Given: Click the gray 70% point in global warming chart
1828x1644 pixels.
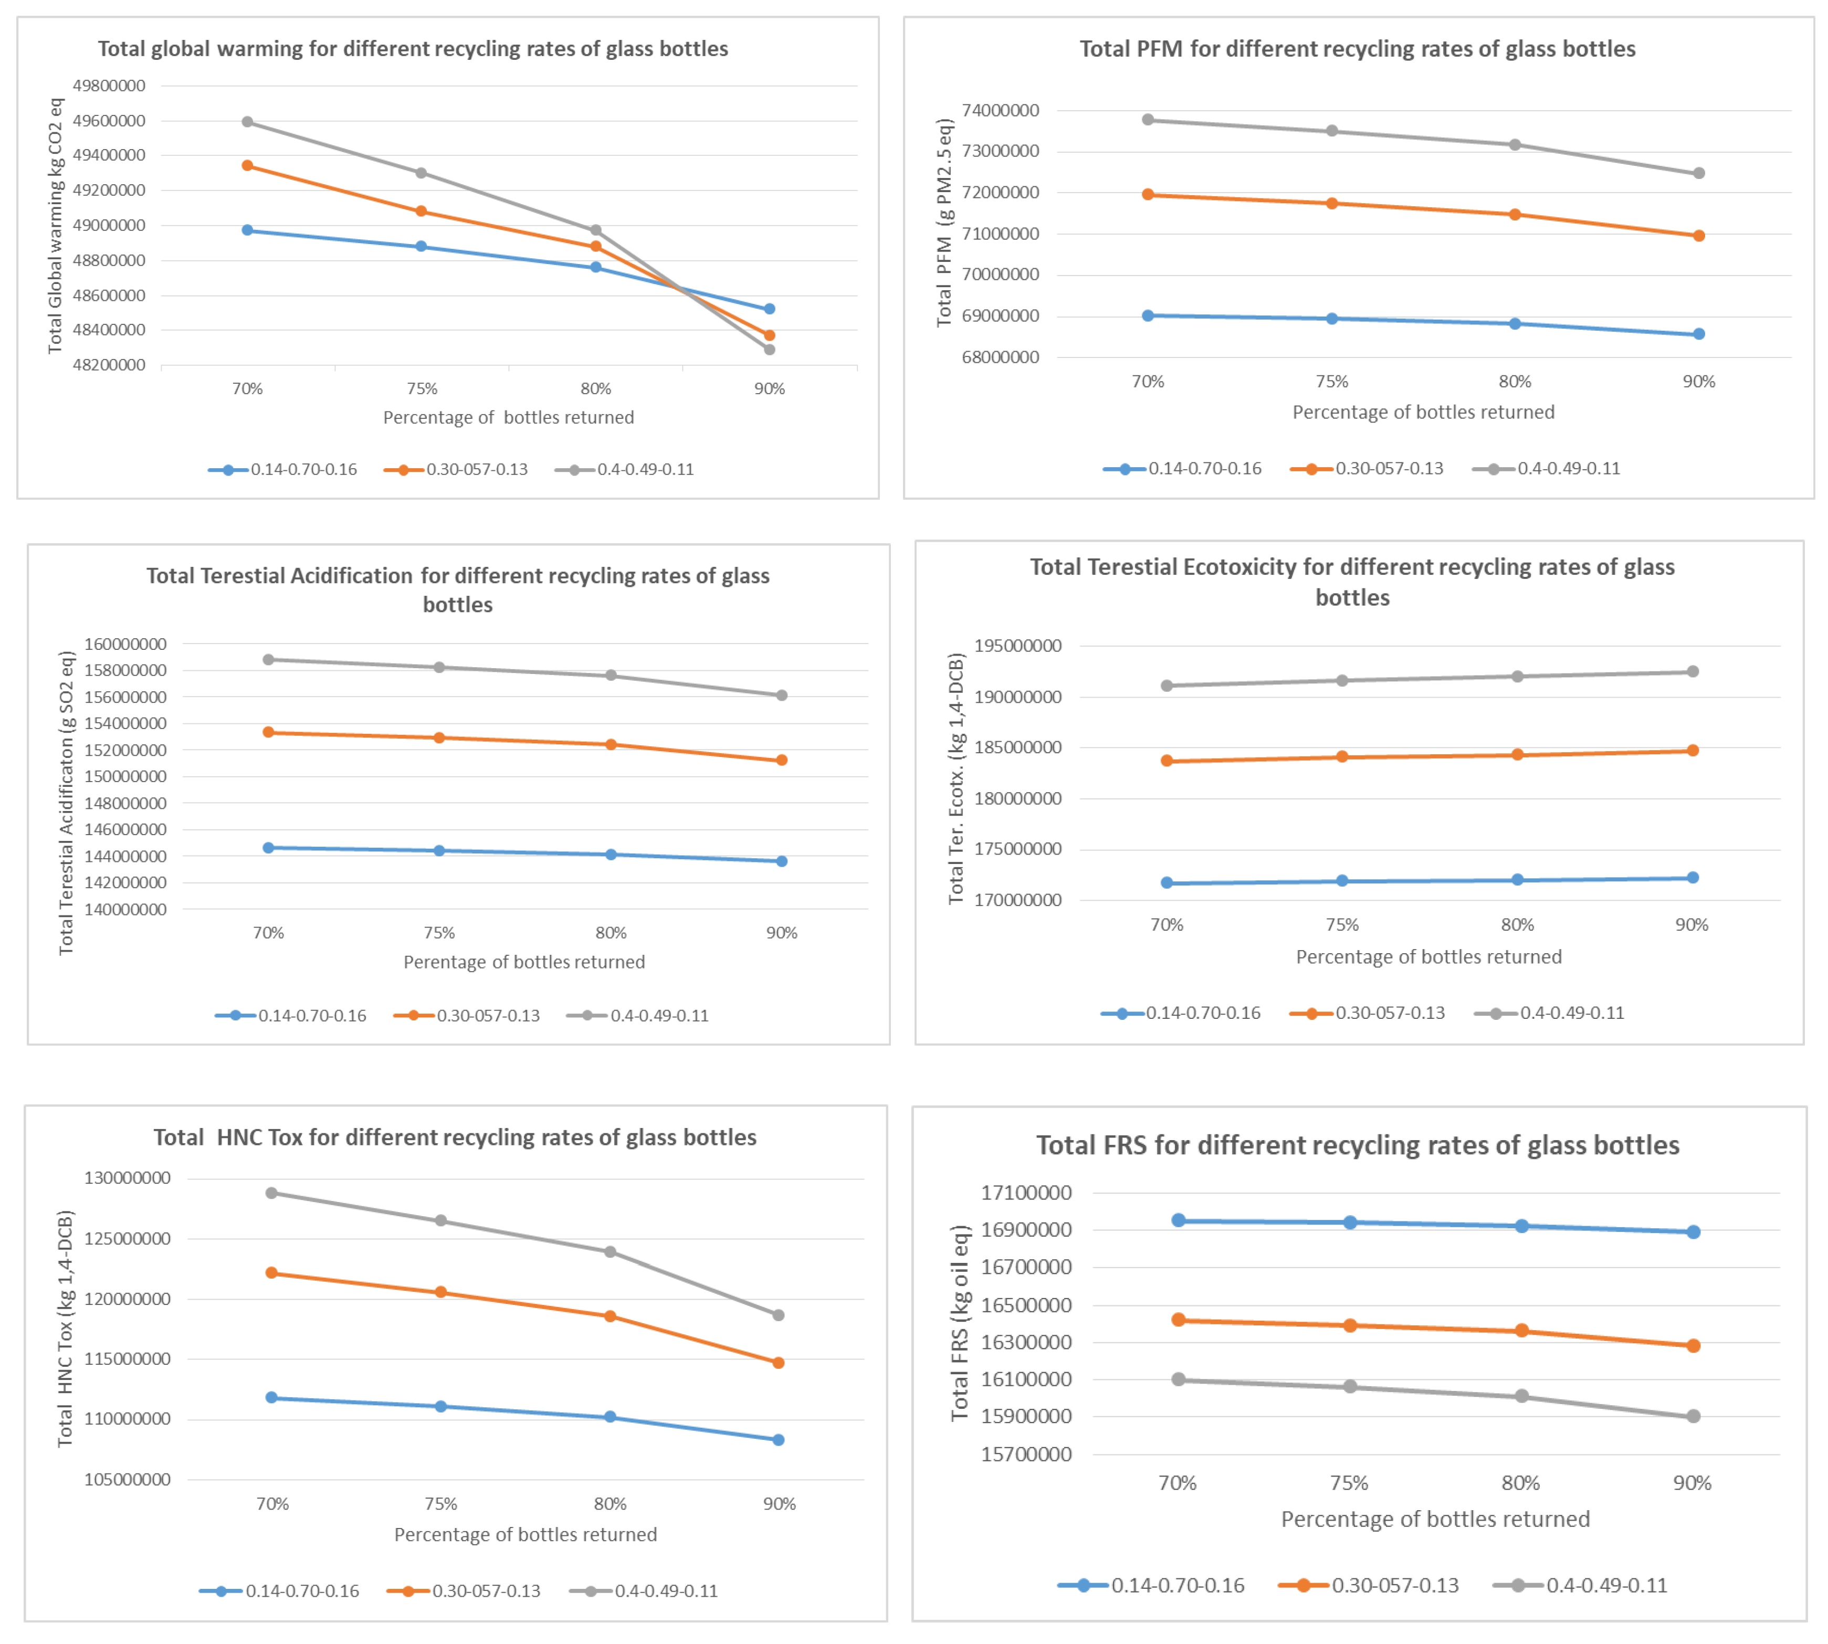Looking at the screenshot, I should click(248, 122).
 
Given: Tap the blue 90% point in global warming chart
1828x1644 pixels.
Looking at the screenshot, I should click(769, 309).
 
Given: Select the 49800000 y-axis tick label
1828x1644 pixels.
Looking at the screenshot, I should click(109, 86).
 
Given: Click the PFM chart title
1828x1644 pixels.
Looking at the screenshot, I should click(1357, 49).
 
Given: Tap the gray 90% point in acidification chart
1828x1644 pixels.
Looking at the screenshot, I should click(782, 695).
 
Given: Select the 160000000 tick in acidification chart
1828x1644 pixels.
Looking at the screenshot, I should click(125, 644).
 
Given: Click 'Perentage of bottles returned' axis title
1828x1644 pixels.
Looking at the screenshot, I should click(524, 962).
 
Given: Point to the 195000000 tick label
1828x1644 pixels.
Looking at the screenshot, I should click(1017, 646).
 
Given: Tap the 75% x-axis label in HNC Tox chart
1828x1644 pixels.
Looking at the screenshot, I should click(441, 1504).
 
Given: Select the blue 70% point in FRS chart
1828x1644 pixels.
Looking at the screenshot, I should click(1178, 1220).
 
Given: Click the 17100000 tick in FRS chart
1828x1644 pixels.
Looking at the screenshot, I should click(1026, 1193).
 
